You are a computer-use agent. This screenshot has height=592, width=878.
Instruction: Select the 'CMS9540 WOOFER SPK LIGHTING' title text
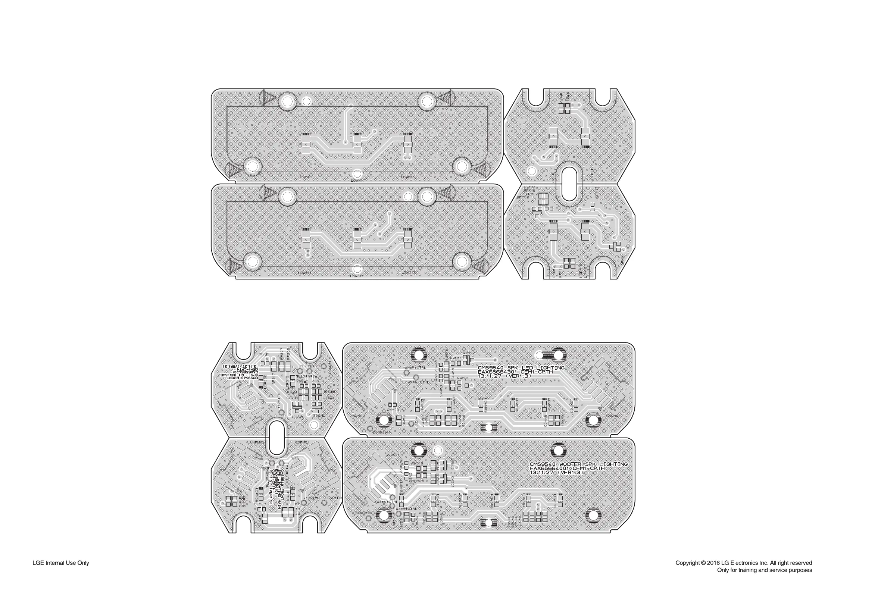(x=578, y=464)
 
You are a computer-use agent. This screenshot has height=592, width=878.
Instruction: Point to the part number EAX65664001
(x=549, y=469)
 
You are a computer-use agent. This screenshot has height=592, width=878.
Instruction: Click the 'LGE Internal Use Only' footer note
(x=61, y=563)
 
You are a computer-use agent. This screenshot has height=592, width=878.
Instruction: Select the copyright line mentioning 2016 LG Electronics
(x=744, y=563)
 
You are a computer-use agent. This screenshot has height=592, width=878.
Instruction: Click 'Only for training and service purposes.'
(x=765, y=570)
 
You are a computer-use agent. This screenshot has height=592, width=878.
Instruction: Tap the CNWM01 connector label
(x=613, y=416)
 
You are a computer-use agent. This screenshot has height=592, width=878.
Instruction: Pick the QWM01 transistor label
(x=463, y=378)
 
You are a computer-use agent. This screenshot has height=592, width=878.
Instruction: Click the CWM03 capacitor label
(x=393, y=410)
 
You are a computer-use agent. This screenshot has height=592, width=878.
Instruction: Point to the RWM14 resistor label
(x=457, y=357)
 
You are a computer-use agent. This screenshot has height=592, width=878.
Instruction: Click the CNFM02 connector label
(x=258, y=442)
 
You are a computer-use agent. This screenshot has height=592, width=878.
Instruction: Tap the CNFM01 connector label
(x=302, y=442)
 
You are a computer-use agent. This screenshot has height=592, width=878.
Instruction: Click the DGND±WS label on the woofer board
(x=363, y=513)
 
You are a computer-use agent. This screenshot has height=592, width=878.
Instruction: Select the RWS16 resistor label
(x=417, y=463)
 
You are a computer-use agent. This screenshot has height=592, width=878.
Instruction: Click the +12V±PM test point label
(x=312, y=498)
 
